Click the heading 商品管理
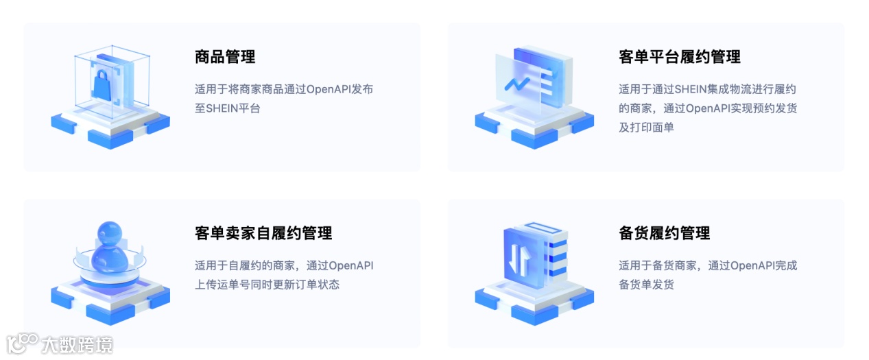click(225, 57)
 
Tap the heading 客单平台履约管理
click(679, 57)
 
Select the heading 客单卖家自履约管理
click(263, 233)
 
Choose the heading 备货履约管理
click(664, 233)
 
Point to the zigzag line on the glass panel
click(516, 84)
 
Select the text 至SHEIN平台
click(227, 108)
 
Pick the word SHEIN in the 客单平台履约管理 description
click(695, 89)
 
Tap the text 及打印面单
click(646, 128)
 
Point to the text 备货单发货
click(646, 285)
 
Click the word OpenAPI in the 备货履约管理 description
click(752, 266)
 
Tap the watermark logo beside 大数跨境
click(21, 344)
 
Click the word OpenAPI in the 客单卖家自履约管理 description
click(351, 266)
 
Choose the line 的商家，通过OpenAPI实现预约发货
click(708, 108)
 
